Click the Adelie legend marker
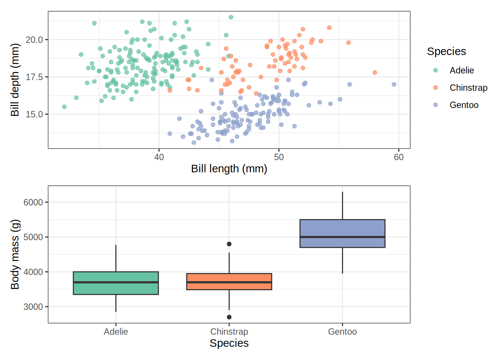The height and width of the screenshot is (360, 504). pos(435,70)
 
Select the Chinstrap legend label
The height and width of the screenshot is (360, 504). pos(468,88)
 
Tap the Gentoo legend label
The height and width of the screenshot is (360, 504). pos(464,105)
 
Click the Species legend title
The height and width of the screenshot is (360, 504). pos(446,51)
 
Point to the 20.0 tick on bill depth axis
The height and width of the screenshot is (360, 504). pos(34,40)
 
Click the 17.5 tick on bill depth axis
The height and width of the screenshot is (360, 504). pos(34,77)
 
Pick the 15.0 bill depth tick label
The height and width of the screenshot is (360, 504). pos(34,114)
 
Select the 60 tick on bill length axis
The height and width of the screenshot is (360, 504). pos(399,157)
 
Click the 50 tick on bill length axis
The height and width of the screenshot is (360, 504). pos(279,157)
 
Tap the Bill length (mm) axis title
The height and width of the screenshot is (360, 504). pos(229,169)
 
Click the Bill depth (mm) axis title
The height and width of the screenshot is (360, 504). pos(15,80)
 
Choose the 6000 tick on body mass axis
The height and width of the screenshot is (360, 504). pos(33,202)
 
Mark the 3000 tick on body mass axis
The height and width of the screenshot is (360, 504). pos(33,307)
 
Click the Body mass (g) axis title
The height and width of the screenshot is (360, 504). pos(15,255)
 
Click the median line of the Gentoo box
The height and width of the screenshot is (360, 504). pos(342,237)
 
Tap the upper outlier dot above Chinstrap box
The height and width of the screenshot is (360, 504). pos(229,244)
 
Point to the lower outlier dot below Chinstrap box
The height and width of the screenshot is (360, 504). pos(229,317)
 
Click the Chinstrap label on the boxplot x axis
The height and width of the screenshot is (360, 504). pos(229,331)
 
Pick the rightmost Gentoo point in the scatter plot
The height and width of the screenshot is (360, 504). pos(394,84)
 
